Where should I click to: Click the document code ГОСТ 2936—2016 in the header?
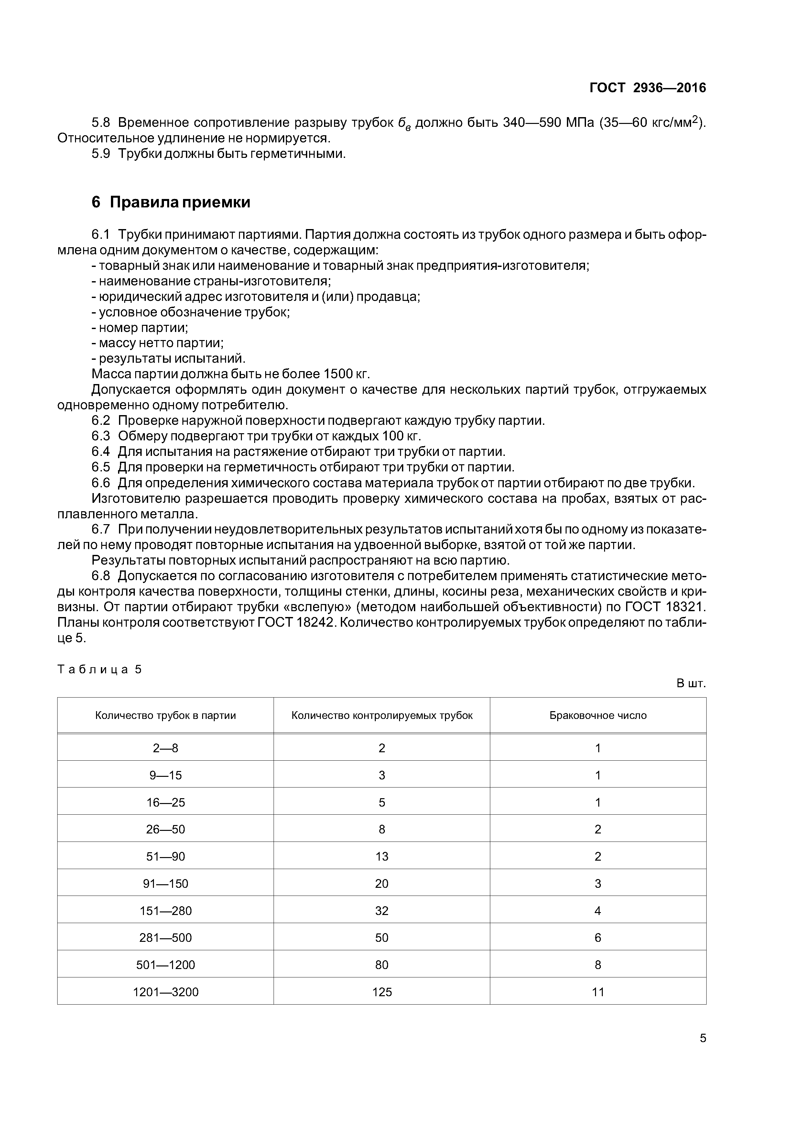(647, 88)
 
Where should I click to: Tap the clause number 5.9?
(101, 154)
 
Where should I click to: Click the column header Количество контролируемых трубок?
(382, 715)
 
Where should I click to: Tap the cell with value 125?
(382, 992)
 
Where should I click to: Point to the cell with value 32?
(382, 910)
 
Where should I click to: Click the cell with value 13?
(382, 856)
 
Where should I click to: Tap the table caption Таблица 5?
(99, 669)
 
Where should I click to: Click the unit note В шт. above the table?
(691, 684)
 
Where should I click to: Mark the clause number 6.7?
(101, 529)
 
